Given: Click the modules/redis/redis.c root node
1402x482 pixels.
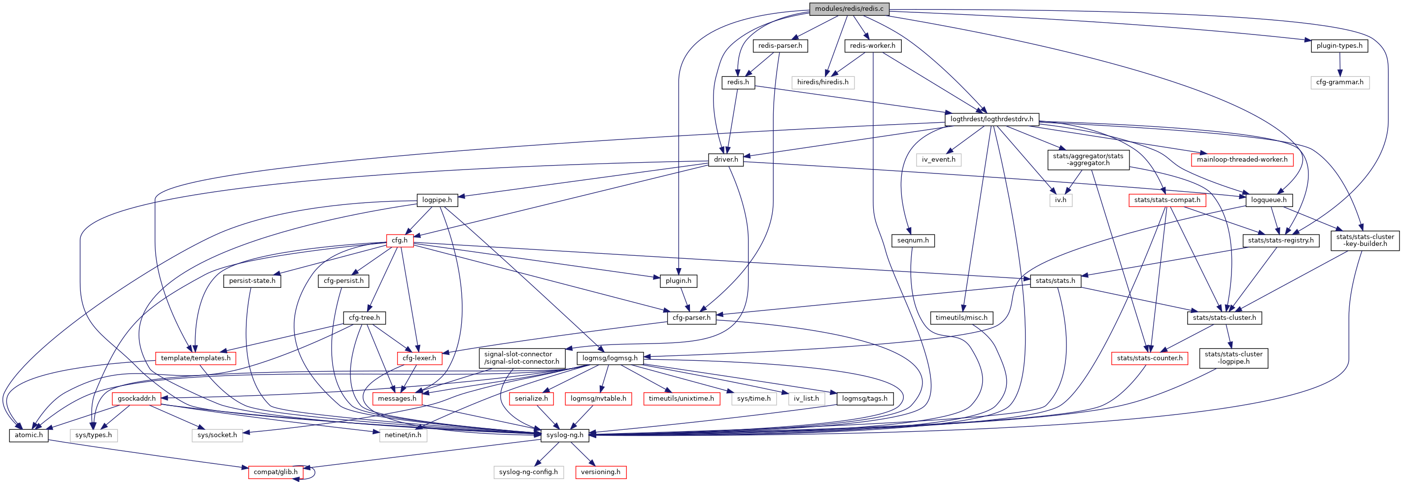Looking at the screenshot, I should tap(849, 9).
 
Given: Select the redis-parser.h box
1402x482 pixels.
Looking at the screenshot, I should tap(780, 46).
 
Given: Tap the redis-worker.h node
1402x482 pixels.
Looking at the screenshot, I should tap(872, 46).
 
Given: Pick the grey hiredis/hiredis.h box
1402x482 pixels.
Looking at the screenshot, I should tap(822, 82).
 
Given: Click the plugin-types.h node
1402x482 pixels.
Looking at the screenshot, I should tap(1339, 46).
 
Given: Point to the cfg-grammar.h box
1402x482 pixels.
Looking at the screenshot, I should tap(1339, 82).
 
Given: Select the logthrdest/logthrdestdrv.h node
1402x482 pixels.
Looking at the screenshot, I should tap(991, 119).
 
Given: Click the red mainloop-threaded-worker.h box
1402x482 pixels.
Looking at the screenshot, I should tap(1241, 159).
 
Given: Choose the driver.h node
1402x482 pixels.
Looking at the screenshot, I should tap(725, 159).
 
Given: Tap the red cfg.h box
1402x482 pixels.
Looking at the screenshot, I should tap(400, 241).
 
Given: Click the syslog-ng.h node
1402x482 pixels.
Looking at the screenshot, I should tap(564, 435).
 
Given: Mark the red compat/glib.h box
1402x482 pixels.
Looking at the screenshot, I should tap(275, 472).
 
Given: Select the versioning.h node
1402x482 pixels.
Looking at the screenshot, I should tap(600, 472).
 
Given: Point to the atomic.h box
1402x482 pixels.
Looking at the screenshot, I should tap(28, 435).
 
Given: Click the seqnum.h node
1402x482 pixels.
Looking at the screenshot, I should tap(913, 241).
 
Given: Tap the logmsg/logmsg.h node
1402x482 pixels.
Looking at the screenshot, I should tap(610, 358).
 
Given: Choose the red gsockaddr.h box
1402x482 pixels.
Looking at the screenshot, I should tap(137, 399).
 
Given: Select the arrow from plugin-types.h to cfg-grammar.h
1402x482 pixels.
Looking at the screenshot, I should tap(1339, 64).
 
